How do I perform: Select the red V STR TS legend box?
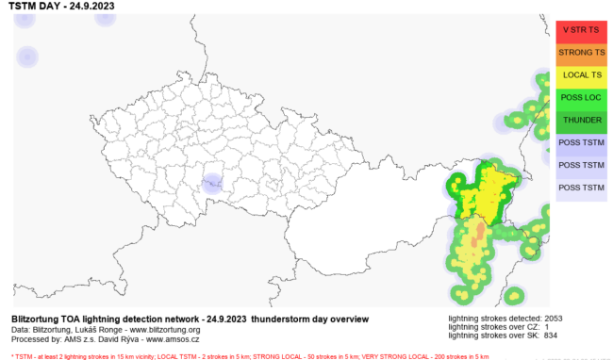[580, 30]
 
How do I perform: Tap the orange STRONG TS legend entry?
[580, 53]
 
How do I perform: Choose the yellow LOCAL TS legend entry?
[580, 75]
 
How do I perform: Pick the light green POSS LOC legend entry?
[580, 98]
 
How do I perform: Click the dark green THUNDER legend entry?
[580, 121]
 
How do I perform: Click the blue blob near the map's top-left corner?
[27, 58]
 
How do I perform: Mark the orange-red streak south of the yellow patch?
[478, 235]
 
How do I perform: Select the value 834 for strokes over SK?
[550, 335]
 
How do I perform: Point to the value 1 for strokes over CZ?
[546, 327]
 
